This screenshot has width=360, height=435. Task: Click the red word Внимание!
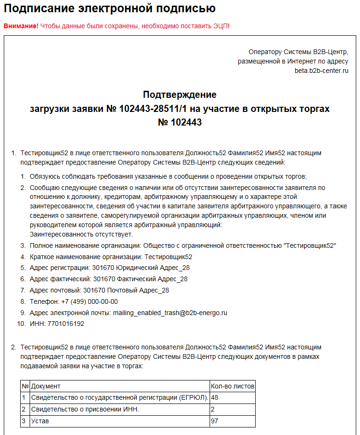[x=21, y=25]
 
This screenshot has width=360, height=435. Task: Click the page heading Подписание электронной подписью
[x=110, y=8]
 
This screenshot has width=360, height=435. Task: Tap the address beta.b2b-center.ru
[x=321, y=71]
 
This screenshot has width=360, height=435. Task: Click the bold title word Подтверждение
[x=180, y=95]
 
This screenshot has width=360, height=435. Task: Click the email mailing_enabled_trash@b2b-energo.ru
[x=170, y=313]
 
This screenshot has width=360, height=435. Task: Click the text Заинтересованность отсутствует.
[x=81, y=234]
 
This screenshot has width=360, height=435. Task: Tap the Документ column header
[x=46, y=386]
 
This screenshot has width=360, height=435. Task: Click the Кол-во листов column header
[x=232, y=386]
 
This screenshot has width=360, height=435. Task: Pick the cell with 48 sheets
[x=215, y=398]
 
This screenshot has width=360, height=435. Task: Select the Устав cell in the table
[x=40, y=421]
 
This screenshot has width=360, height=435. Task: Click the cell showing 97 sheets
[x=215, y=421]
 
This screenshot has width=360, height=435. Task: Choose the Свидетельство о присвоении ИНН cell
[x=85, y=409]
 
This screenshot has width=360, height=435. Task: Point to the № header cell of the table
[x=25, y=386]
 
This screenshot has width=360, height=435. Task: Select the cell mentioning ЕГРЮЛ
[x=119, y=398]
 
